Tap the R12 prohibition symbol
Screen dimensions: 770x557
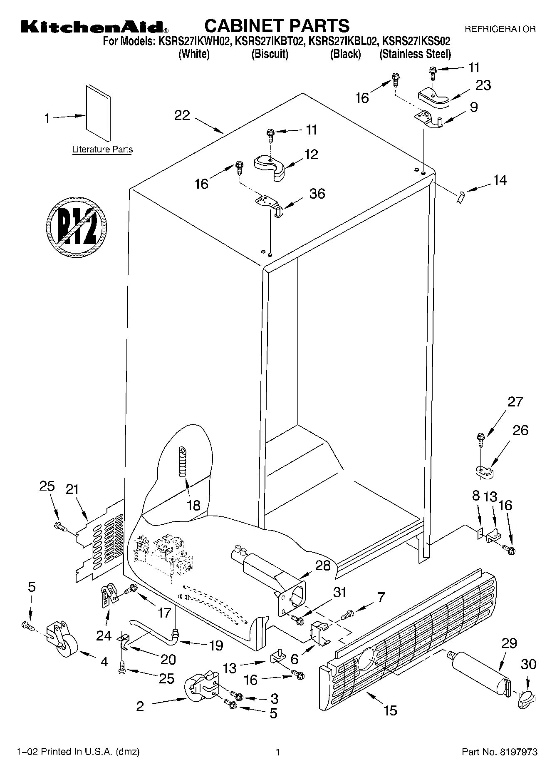tap(76, 226)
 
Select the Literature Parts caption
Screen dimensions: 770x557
tap(102, 150)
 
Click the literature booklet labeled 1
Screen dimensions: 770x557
tap(99, 113)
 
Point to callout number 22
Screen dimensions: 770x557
tap(182, 115)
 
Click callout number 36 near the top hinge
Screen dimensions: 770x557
tap(317, 194)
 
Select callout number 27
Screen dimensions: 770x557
tap(515, 402)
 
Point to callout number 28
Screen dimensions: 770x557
tap(323, 565)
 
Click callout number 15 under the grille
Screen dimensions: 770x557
tap(391, 710)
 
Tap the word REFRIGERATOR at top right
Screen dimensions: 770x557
tap(500, 29)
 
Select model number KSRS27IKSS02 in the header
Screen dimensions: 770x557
tap(416, 41)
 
